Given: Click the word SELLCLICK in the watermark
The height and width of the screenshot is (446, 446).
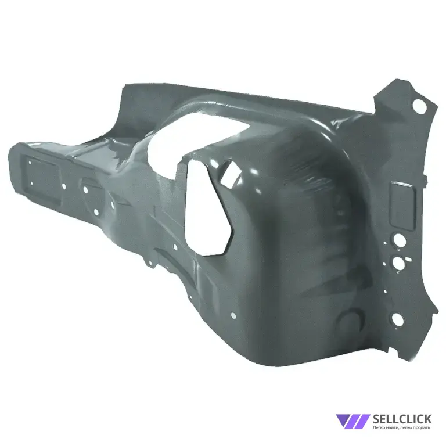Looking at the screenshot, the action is (x=402, y=419).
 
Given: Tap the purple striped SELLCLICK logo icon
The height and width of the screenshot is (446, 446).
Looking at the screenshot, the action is (x=353, y=421).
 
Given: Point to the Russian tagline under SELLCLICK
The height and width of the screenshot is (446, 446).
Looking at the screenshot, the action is (x=402, y=427).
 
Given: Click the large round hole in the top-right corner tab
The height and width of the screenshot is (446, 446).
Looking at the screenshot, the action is (x=419, y=106).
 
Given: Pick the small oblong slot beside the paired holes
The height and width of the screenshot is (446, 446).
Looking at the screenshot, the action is (x=408, y=259).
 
